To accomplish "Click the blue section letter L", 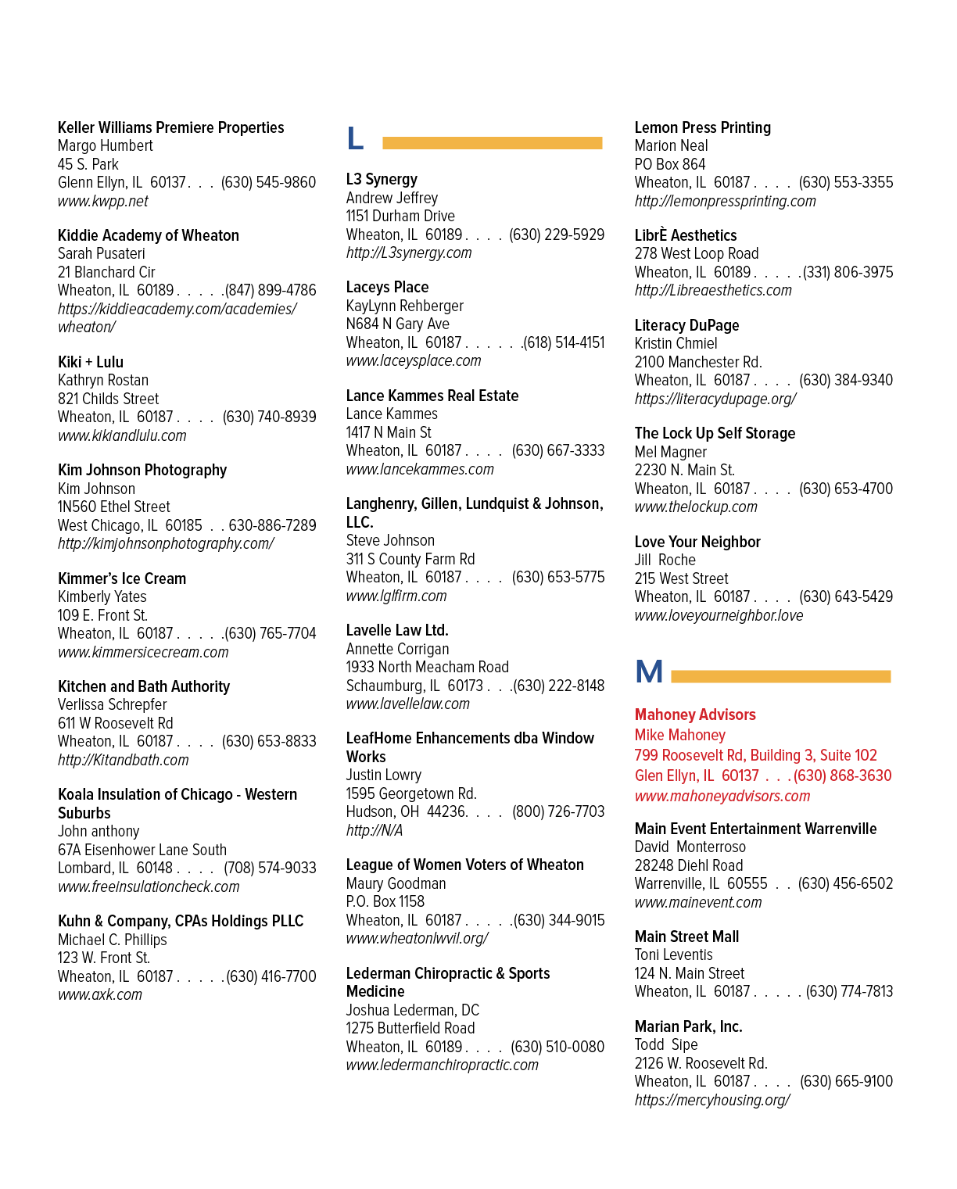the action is [x=355, y=138].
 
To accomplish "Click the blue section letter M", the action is [x=649, y=671].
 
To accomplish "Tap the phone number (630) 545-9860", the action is [x=268, y=182].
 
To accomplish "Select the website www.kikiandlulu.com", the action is [x=122, y=435].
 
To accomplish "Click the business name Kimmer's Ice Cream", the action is [x=122, y=578].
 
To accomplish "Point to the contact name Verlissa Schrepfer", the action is [x=112, y=704].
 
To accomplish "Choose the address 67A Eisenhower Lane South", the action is [x=142, y=850].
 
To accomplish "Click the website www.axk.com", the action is [x=100, y=994].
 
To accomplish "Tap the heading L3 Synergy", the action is [x=382, y=180].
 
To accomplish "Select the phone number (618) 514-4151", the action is [x=564, y=342].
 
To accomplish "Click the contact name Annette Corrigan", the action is [x=397, y=649].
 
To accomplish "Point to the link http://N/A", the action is [x=374, y=830].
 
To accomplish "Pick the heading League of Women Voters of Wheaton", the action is [x=464, y=865].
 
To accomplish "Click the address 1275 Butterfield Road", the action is [x=410, y=1028].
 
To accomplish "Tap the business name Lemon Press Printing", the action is [x=702, y=127].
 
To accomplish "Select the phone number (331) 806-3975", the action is [x=848, y=272].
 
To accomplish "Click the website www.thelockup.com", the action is [x=696, y=507].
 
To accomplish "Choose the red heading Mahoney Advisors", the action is [x=695, y=714].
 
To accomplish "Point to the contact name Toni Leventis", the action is [x=673, y=954].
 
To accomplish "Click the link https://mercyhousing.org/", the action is [x=712, y=1100].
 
